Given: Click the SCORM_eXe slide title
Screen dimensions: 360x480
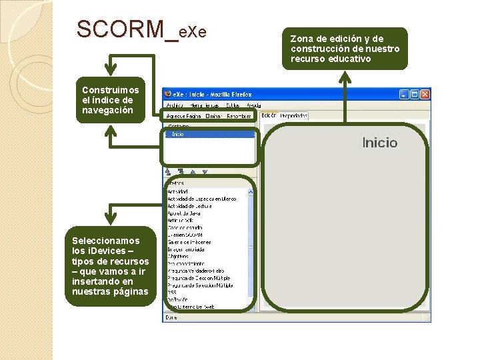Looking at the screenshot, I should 141,30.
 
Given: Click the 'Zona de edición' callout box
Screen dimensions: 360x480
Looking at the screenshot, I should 345,49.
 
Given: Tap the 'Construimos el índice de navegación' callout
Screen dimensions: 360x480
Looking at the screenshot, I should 111,100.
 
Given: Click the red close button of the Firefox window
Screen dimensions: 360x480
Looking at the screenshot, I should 425,95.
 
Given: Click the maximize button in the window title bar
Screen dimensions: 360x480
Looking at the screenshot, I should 414,95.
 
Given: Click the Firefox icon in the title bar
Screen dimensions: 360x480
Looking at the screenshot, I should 168,95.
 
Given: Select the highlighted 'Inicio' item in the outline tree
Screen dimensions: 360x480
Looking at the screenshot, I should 178,134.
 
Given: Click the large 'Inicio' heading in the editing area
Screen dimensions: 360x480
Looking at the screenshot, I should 379,143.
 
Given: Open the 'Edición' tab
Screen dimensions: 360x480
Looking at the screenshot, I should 269,115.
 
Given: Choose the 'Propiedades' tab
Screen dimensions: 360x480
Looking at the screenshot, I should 293,115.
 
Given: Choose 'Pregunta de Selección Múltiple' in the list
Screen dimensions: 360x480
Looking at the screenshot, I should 199,285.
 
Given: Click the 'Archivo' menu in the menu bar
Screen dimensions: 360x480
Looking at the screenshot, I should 174,105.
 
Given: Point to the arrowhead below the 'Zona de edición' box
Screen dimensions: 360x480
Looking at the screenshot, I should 345,75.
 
